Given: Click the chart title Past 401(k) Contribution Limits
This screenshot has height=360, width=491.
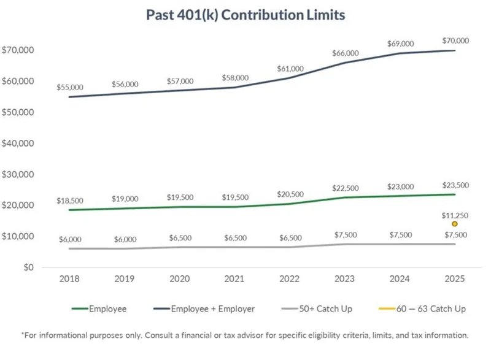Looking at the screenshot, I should point(245,15).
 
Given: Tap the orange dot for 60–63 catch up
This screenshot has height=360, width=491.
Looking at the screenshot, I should point(455,224).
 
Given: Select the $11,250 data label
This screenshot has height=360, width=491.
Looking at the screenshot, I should point(455,215).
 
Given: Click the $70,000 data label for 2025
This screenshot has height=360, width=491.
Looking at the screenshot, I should point(455,40).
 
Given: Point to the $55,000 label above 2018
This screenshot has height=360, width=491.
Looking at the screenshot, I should point(69,88).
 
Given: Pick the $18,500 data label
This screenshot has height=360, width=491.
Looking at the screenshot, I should point(69,201).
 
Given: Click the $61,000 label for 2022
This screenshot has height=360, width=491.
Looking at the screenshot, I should point(290,68).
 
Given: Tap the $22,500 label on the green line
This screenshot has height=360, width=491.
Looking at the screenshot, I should point(345,188).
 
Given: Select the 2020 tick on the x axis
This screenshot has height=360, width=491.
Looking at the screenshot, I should point(179,278).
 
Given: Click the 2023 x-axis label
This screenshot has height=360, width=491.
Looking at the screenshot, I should point(345,278).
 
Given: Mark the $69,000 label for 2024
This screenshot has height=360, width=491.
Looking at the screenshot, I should point(400,44).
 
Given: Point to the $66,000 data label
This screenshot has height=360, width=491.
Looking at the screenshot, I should point(345,53).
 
